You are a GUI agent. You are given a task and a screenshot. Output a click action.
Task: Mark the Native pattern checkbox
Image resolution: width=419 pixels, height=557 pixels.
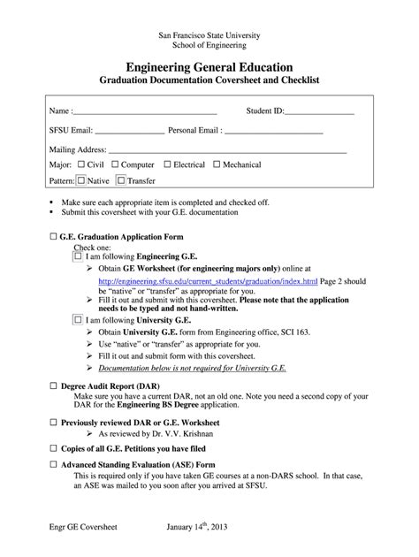point(81,180)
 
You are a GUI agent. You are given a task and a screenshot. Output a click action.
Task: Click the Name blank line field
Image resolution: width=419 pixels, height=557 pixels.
point(146,112)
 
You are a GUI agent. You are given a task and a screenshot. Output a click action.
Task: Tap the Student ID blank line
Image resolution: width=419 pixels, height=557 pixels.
point(319,112)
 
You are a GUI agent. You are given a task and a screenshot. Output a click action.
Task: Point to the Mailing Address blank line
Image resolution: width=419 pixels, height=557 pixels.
point(226,149)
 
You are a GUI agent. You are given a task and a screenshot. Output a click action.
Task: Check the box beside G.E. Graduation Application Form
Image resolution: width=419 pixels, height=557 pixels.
point(55,237)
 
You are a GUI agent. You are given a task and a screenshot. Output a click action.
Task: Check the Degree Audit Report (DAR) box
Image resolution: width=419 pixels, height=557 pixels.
point(55,386)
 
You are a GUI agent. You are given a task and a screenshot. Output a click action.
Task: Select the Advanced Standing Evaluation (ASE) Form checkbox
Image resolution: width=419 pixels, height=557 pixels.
point(55,463)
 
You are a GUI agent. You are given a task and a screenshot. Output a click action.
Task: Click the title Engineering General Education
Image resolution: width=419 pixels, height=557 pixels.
point(209,67)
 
